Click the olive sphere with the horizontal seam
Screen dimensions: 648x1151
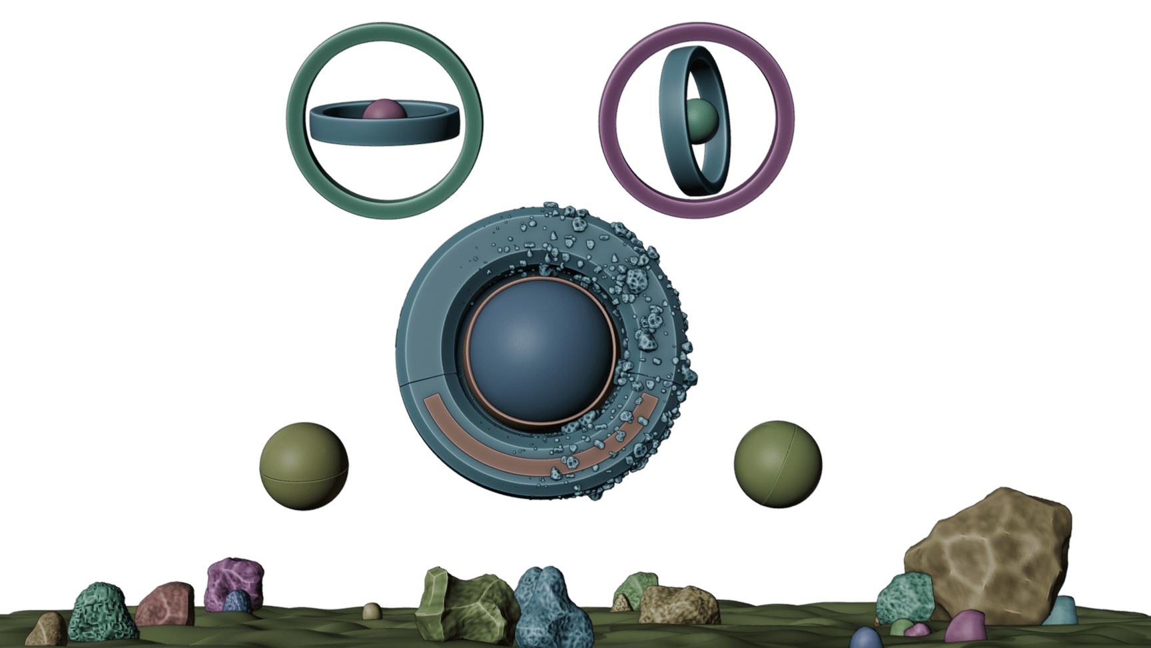304,465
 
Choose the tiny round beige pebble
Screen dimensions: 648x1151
372,610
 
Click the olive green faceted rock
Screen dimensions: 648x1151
460,603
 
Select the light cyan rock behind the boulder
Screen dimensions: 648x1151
1060,610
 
